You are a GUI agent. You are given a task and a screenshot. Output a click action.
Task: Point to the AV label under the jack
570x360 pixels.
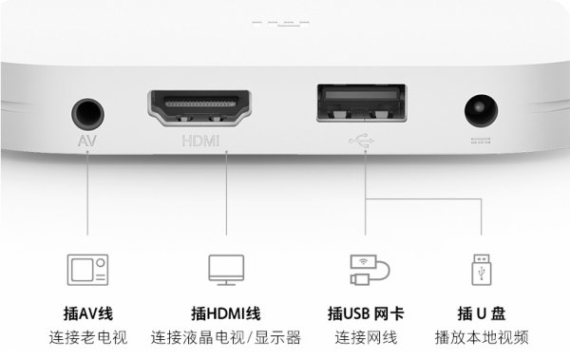[87, 143]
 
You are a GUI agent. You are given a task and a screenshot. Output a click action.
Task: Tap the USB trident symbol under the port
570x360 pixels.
[361, 142]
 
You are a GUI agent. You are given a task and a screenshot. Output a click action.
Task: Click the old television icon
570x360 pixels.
[88, 269]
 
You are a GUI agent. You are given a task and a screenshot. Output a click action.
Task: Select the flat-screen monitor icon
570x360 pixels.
[226, 269]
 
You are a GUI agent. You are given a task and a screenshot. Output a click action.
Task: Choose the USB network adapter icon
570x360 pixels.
[366, 270]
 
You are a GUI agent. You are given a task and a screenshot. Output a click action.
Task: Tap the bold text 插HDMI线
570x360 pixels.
[226, 313]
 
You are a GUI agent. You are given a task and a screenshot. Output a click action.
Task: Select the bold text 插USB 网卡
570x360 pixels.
[366, 313]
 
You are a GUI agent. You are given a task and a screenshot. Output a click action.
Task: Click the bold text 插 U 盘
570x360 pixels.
[481, 313]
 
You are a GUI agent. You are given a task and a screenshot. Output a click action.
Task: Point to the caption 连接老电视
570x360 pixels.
[88, 337]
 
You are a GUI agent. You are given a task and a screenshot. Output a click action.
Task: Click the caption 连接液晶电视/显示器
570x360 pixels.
[226, 337]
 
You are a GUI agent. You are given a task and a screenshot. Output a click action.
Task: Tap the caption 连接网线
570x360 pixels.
[366, 337]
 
